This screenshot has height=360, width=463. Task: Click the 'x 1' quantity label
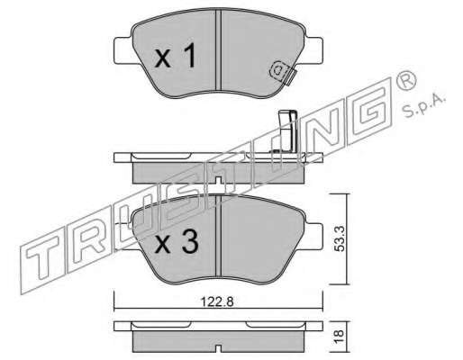[x=176, y=56]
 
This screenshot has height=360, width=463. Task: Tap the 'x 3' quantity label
[x=177, y=243]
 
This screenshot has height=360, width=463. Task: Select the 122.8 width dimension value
[x=217, y=301]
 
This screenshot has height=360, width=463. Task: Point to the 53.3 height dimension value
[x=340, y=238]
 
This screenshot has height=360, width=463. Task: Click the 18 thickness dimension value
[x=339, y=337]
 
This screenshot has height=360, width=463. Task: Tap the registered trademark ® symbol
[x=407, y=80]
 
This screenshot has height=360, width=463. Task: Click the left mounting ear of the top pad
[x=123, y=50]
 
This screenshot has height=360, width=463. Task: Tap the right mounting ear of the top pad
[x=313, y=50]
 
